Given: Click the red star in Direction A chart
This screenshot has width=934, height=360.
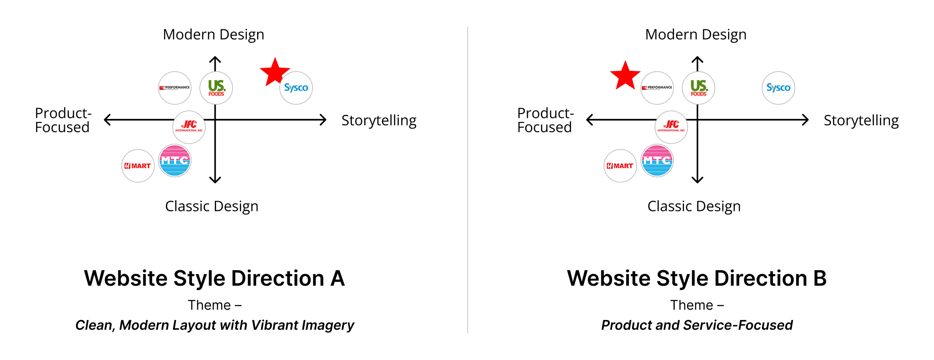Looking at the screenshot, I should pos(275,72).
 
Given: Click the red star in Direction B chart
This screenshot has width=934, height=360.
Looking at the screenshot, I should pos(625,76).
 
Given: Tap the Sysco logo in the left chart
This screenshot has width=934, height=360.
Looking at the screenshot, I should pos(296,88).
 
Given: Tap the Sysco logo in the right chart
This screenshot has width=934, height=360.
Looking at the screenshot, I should pos(778,88).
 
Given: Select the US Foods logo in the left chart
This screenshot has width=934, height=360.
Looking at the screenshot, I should pos(216,88).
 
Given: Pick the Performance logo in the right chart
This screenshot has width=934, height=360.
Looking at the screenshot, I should pos(657,88).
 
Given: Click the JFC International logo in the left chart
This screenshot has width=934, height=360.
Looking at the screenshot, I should pos(189,127).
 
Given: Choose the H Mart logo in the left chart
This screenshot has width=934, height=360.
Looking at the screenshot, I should pos(138,166).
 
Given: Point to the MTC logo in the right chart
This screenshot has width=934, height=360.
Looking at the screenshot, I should pos(657,161).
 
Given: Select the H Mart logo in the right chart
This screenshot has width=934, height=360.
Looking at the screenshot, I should pos(620,166).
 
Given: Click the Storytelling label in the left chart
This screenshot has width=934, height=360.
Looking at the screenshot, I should pos(378,121).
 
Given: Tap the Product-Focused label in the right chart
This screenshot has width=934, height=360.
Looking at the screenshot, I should pos(545,120).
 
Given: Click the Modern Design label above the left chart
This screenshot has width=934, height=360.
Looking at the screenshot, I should pos(213,35).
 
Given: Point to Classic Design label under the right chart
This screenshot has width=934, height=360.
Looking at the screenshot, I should pos(694,206).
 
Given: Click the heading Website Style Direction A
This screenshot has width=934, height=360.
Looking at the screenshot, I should pos(214,279).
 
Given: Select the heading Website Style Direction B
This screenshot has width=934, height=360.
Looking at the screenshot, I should pos(696,279).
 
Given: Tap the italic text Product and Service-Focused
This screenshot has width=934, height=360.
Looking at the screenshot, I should pos(697,325).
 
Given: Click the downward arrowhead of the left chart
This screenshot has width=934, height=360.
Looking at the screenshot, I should pos(215,180).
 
